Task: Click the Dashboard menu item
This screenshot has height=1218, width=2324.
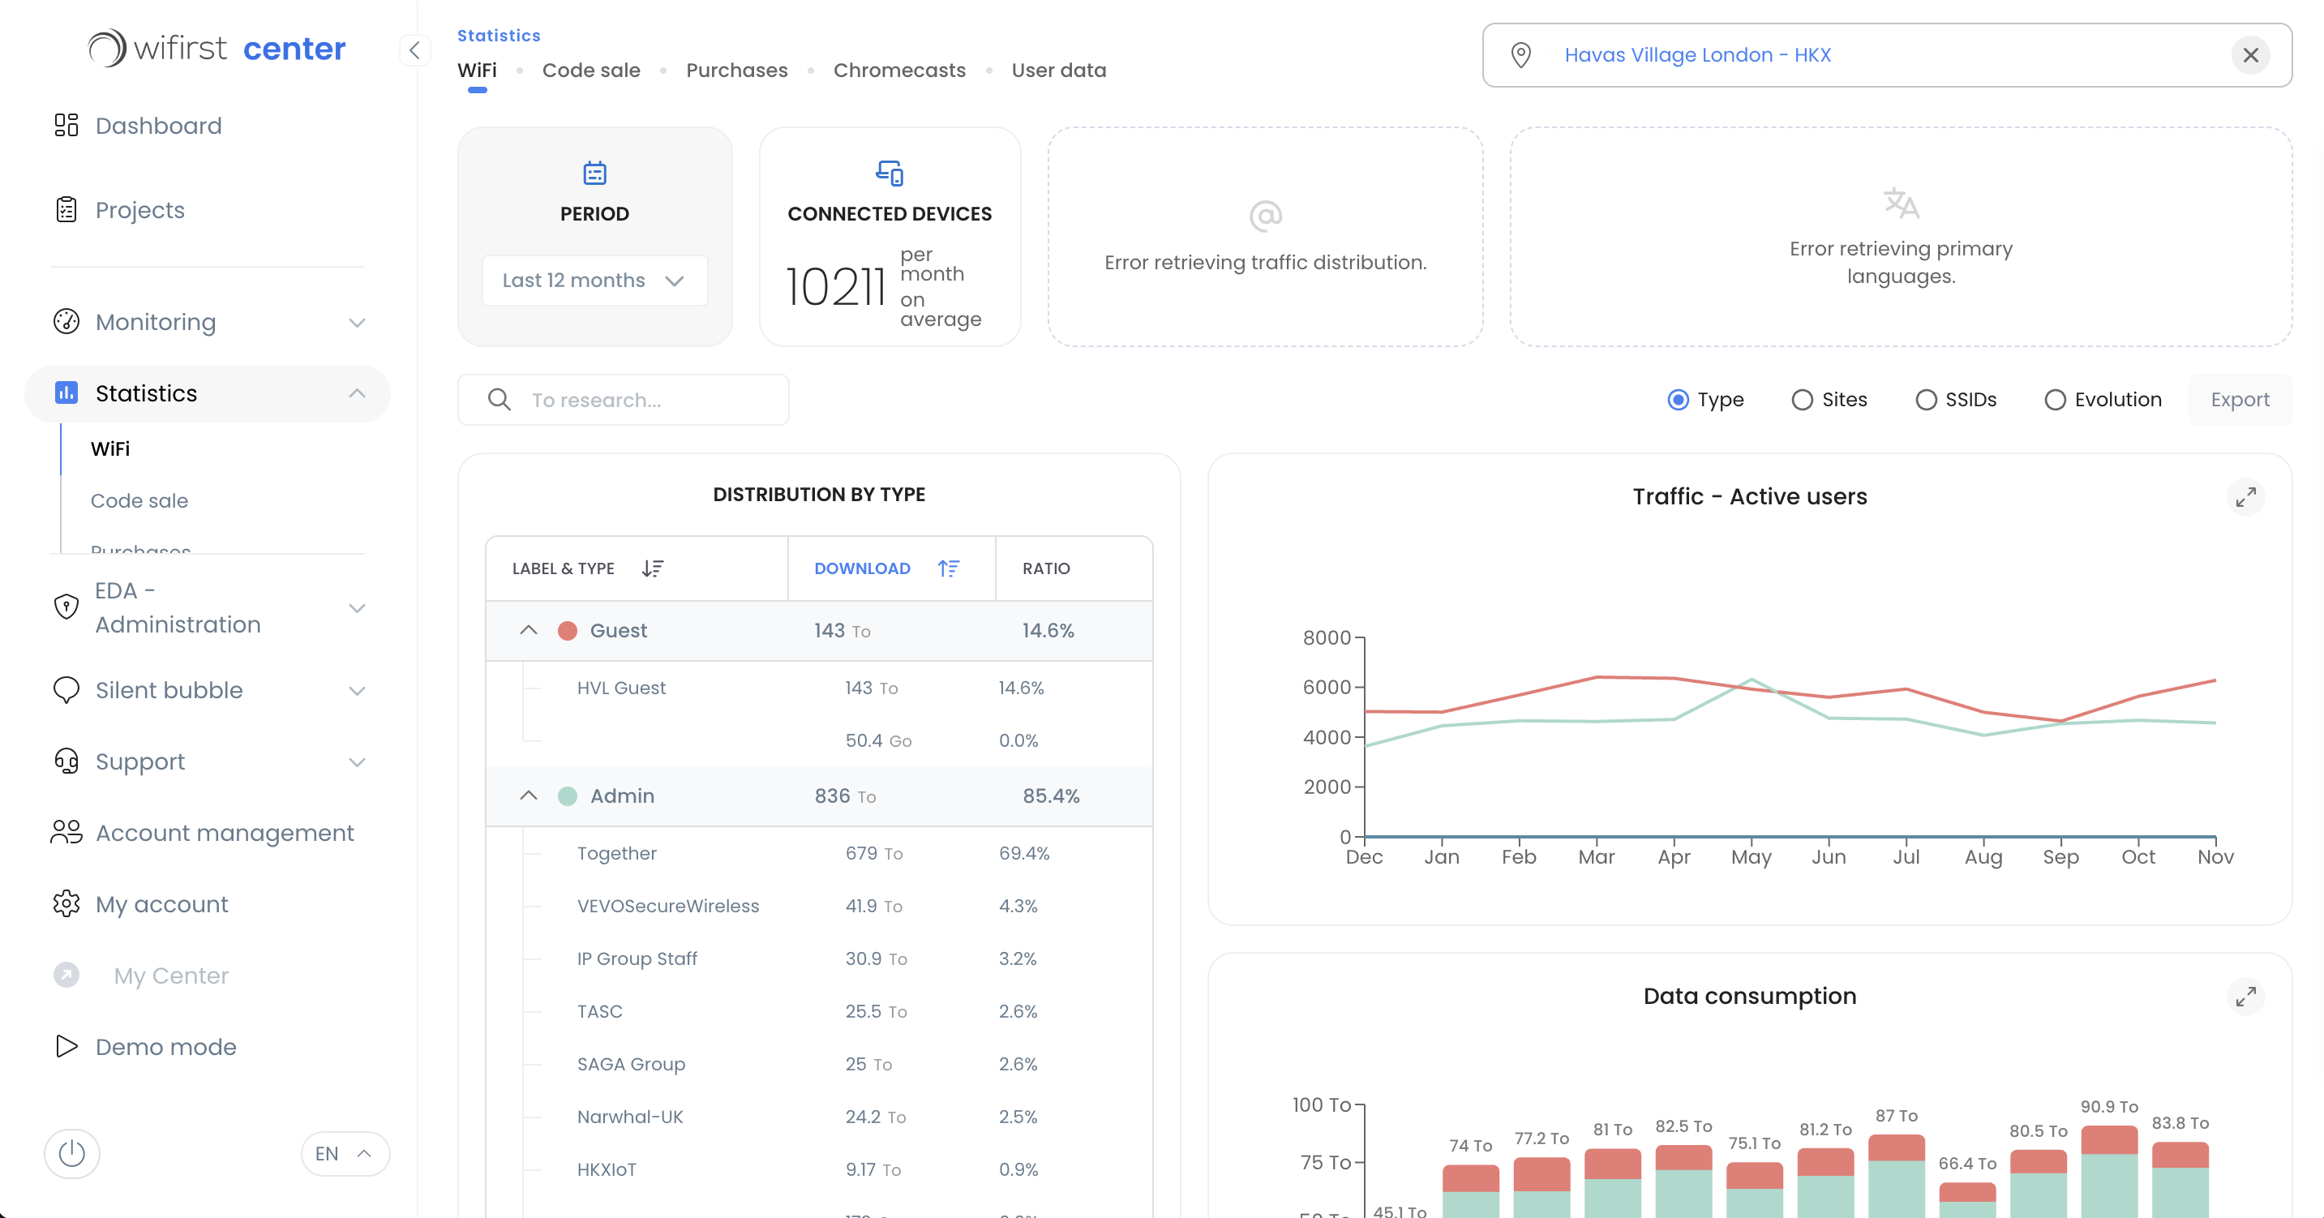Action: click(158, 126)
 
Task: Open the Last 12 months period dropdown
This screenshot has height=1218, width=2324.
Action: click(594, 281)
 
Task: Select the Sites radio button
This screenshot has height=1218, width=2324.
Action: click(1803, 400)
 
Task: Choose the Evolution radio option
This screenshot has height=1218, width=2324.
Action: click(2055, 400)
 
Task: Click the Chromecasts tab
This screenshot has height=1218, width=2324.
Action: click(898, 71)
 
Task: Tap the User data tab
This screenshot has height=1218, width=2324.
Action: click(1057, 71)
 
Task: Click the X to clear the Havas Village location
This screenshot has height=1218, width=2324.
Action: click(2250, 56)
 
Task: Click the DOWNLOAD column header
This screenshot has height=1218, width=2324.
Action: click(862, 568)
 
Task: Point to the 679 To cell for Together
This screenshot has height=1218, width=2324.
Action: click(873, 854)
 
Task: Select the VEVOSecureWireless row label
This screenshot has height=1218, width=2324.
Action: click(667, 906)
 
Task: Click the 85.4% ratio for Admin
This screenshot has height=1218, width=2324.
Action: click(1050, 796)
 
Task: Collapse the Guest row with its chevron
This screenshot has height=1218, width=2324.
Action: click(529, 631)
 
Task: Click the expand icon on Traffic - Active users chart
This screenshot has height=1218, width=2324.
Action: click(2245, 497)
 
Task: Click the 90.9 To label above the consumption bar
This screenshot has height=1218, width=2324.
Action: click(2108, 1106)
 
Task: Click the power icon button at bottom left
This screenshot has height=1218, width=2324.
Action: click(72, 1153)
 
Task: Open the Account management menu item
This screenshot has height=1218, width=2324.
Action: click(224, 833)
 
